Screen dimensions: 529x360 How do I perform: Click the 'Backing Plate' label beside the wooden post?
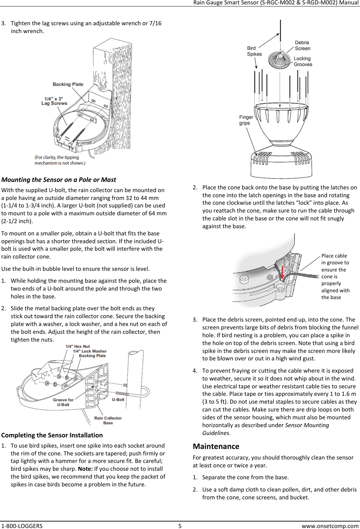click(68, 84)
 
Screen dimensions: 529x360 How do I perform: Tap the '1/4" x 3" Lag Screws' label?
click(54, 101)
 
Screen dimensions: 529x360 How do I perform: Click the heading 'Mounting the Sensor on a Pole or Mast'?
click(59, 180)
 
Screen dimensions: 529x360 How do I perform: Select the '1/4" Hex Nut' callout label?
click(78, 346)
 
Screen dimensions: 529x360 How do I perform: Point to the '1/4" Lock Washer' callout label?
click(90, 351)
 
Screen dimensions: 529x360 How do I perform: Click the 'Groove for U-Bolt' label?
click(63, 402)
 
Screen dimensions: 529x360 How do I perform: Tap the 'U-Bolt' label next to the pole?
click(118, 400)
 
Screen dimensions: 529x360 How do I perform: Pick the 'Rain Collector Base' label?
click(108, 420)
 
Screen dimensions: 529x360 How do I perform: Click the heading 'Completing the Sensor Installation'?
click(52, 435)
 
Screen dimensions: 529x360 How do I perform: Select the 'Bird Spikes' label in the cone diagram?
click(254, 51)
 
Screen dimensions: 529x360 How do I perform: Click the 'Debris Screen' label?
click(302, 45)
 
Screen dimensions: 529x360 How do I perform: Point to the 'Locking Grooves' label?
click(303, 61)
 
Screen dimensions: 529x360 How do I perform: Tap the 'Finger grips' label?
click(246, 120)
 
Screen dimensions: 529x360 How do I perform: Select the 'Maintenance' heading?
click(216, 446)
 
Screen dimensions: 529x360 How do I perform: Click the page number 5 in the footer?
click(180, 526)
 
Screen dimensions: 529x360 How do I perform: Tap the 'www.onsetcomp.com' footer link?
click(330, 526)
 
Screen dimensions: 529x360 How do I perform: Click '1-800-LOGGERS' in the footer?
click(22, 526)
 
